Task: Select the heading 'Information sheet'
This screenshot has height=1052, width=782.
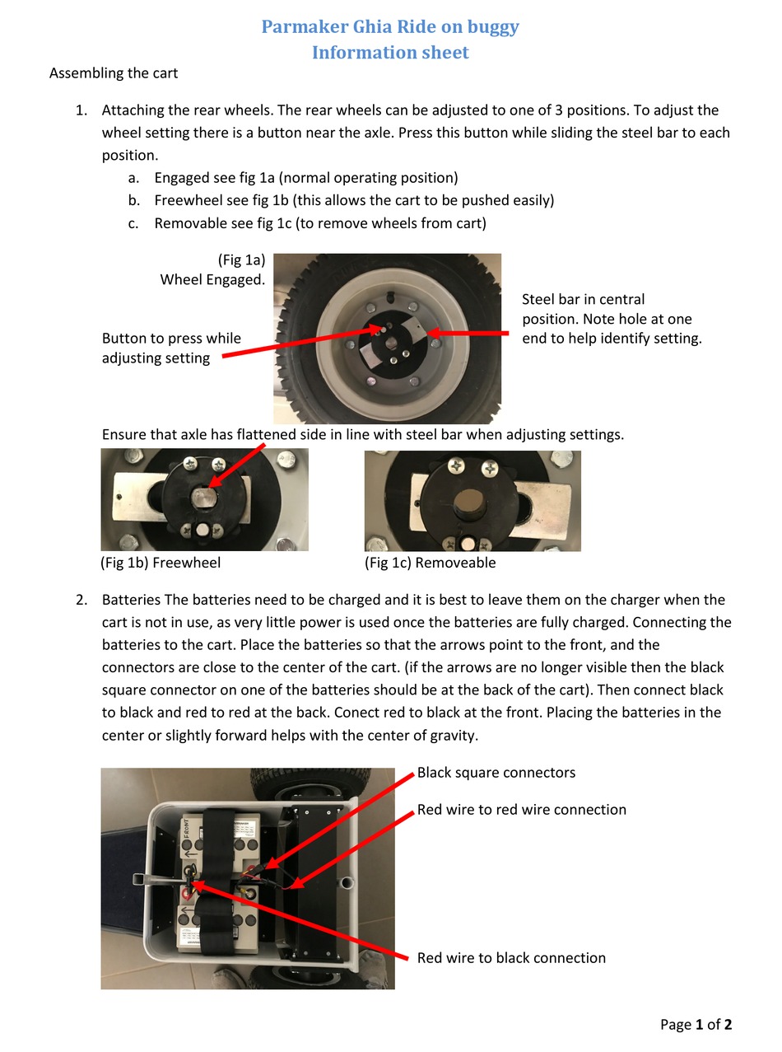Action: pyautogui.click(x=390, y=53)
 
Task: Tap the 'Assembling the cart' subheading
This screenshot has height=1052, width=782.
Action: pyautogui.click(x=114, y=72)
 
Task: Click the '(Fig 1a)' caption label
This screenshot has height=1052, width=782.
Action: pyautogui.click(x=241, y=259)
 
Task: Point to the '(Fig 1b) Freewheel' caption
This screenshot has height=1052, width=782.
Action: pyautogui.click(x=161, y=563)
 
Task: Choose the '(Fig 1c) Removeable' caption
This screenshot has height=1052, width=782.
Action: pyautogui.click(x=430, y=563)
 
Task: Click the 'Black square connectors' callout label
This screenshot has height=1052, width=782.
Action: pyautogui.click(x=496, y=773)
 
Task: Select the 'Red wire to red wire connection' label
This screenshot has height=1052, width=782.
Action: pyautogui.click(x=521, y=810)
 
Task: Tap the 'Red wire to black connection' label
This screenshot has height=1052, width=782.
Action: pyautogui.click(x=510, y=958)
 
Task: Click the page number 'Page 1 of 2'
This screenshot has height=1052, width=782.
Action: pyautogui.click(x=696, y=1025)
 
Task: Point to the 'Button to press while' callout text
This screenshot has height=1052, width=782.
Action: pyautogui.click(x=171, y=339)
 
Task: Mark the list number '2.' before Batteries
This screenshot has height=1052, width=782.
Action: pyautogui.click(x=81, y=600)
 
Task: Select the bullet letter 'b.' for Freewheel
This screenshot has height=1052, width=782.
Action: pyautogui.click(x=133, y=200)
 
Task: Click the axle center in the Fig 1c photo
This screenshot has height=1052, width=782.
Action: pyautogui.click(x=468, y=500)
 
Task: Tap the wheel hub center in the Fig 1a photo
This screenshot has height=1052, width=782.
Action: pyautogui.click(x=392, y=339)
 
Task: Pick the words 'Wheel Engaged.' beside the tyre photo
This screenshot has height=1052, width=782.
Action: pyautogui.click(x=212, y=280)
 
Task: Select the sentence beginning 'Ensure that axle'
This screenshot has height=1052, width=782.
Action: pyautogui.click(x=362, y=434)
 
